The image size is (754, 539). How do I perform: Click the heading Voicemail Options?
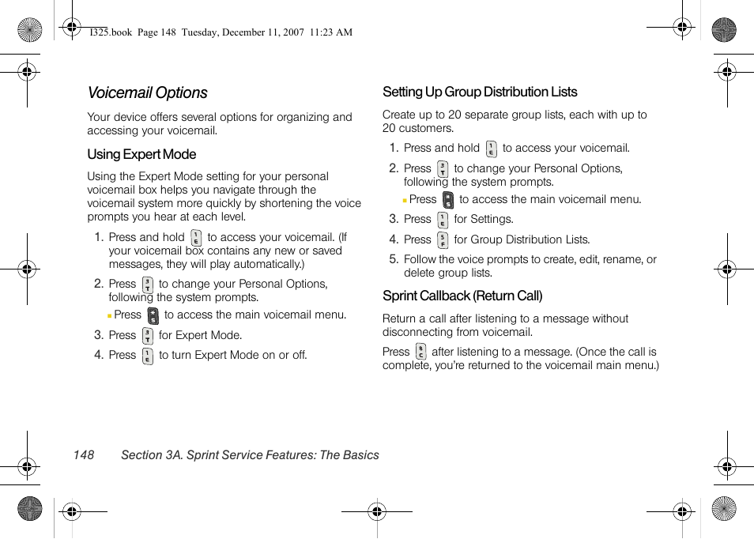(x=148, y=93)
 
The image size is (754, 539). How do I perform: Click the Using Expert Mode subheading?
(x=141, y=155)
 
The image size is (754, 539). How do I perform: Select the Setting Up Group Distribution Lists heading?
(x=480, y=92)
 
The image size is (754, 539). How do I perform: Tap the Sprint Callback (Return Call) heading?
(x=462, y=296)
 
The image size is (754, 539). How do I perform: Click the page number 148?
(x=83, y=455)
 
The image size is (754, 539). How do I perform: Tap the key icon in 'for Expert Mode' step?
(x=148, y=336)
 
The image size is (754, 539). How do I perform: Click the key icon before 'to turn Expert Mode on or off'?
(x=148, y=356)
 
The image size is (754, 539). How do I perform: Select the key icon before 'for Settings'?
(x=443, y=220)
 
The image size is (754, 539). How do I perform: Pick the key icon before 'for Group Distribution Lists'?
(x=443, y=240)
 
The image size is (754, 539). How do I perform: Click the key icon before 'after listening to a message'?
(x=420, y=352)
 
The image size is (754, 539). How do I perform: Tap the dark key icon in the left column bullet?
(x=153, y=315)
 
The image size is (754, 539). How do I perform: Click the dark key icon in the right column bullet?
(x=448, y=200)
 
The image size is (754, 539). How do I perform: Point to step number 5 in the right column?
(x=393, y=259)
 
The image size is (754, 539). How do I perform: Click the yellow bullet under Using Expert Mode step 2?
(x=110, y=315)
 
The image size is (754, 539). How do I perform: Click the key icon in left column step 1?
(x=196, y=238)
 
